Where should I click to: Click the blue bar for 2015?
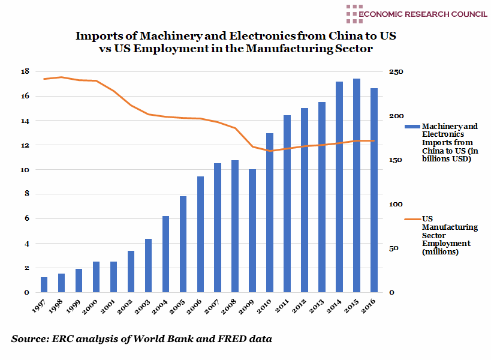356,185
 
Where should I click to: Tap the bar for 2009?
252,231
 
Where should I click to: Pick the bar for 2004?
165,254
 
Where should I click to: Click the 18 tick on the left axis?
25,71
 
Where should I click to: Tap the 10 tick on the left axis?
25,170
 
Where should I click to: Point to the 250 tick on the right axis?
397,71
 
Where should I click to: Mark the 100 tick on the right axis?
397,204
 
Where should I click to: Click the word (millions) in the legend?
441,252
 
